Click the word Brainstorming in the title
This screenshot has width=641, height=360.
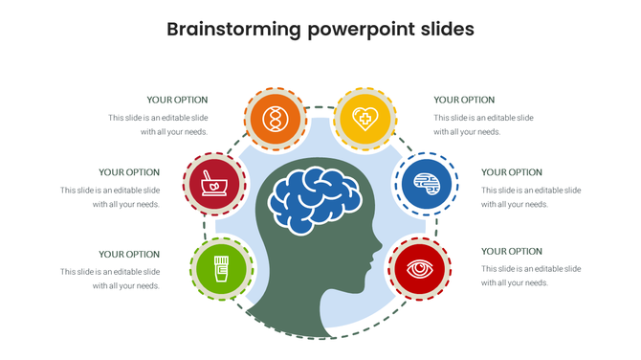233,30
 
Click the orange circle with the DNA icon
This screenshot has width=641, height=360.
276,119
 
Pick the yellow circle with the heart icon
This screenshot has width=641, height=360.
365,119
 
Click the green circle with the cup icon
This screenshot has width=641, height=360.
222,265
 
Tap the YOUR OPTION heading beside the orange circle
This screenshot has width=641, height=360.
177,100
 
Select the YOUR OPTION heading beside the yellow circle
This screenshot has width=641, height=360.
464,100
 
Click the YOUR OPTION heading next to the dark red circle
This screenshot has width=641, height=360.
129,172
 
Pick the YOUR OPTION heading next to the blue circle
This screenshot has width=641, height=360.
512,172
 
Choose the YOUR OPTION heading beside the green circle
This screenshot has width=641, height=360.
129,254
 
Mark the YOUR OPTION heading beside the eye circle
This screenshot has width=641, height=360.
512,251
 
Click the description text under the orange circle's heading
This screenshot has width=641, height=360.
158,124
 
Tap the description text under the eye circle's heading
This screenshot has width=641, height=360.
530,276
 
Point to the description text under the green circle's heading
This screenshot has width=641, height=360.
110,279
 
